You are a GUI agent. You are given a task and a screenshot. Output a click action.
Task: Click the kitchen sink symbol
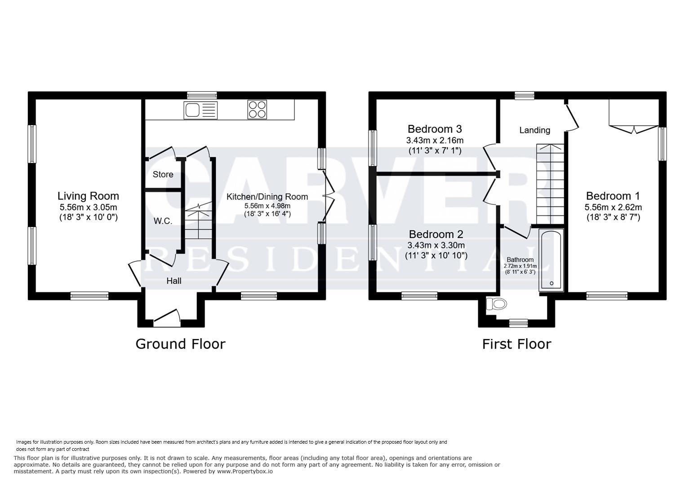pos(200,110)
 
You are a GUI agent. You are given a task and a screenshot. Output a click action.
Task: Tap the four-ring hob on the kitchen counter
pos(257,110)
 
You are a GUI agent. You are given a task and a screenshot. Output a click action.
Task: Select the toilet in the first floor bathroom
pos(497,304)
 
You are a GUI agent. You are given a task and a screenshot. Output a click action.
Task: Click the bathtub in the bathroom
pos(551,260)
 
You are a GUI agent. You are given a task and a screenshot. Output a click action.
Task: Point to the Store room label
pos(163,174)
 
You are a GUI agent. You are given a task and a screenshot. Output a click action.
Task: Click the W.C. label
pos(163,221)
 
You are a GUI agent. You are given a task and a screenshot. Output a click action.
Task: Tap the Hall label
pos(174,281)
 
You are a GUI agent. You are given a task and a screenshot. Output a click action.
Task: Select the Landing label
pos(534,130)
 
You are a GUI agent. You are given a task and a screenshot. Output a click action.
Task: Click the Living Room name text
pos(88,196)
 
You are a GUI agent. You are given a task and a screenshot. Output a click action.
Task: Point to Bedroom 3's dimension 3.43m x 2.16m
pos(435,140)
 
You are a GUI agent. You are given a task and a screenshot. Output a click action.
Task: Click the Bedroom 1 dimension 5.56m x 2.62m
pos(613,207)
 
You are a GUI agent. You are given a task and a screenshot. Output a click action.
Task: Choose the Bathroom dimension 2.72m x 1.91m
pos(520,266)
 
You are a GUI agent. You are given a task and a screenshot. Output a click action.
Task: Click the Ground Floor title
pos(180,344)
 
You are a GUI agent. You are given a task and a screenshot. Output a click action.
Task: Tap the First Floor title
pos(516,344)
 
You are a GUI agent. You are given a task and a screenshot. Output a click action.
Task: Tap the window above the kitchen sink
pos(202,95)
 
